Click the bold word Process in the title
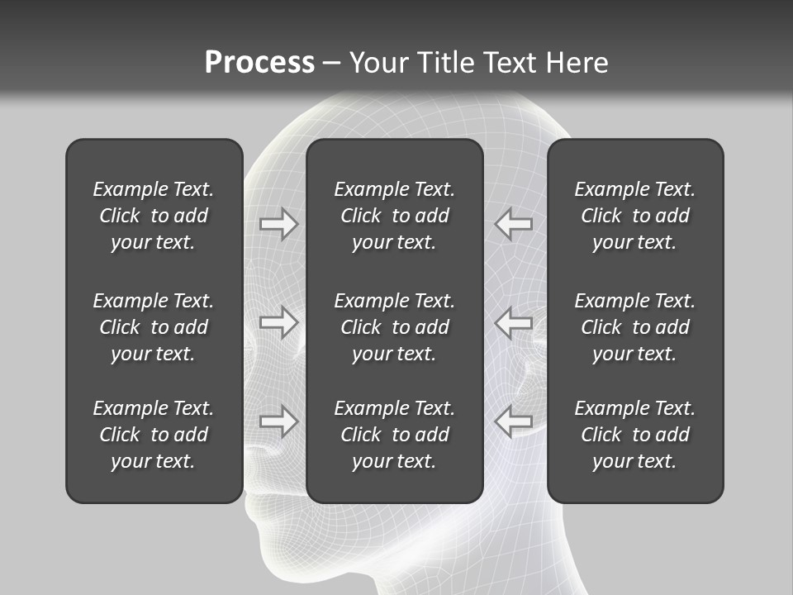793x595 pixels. point(259,63)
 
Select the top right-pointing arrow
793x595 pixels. point(279,224)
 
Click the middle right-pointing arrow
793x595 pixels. point(279,322)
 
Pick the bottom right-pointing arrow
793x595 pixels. point(279,421)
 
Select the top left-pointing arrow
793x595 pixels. point(513,224)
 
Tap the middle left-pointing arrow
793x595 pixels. point(513,322)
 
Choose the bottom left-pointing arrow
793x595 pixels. point(513,421)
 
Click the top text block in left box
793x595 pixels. point(154,216)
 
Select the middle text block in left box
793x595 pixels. point(154,327)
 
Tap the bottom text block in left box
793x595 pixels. point(154,435)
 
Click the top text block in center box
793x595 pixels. point(394,216)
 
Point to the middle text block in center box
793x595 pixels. point(394,327)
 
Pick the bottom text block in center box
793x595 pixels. point(394,435)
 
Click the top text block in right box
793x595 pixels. point(634,216)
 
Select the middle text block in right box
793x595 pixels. point(634,327)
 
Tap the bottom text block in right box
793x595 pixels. point(634,435)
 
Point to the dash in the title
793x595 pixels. point(331,64)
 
